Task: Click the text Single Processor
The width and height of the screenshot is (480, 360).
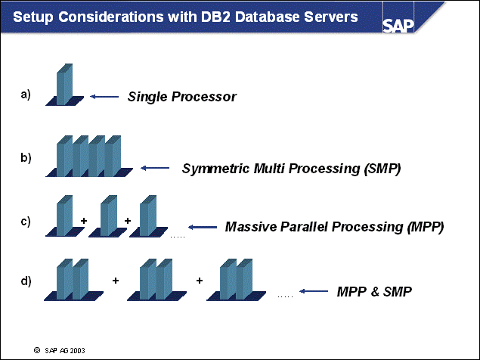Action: [x=182, y=97]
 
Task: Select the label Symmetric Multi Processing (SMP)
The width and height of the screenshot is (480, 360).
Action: [x=291, y=168]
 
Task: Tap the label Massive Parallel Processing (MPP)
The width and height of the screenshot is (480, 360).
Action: [x=334, y=226]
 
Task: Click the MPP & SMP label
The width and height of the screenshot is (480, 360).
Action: [x=374, y=290]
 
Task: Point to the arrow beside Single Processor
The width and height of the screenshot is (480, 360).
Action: [x=104, y=97]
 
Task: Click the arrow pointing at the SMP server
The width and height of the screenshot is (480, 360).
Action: [x=156, y=168]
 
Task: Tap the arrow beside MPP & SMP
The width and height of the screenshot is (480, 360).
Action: [x=313, y=290]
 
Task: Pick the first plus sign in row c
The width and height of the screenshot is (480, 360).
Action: [x=83, y=221]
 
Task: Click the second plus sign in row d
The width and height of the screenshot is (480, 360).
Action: [x=200, y=281]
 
